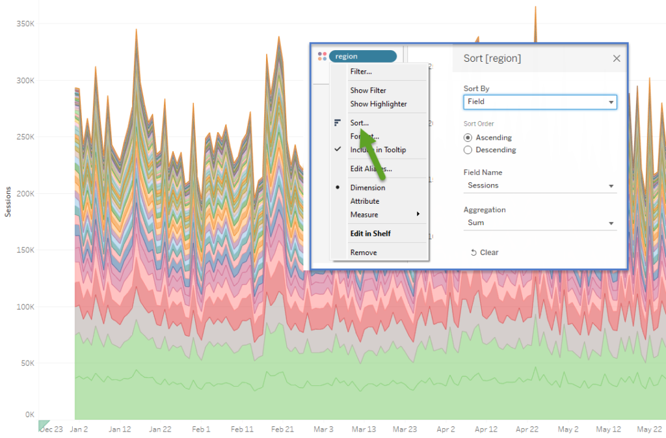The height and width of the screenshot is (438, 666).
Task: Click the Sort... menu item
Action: coord(359,122)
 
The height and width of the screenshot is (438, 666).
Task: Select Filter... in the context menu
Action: coord(361,72)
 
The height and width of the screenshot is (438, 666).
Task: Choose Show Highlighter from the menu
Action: coord(379,104)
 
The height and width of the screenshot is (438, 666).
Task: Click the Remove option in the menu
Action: coord(364,253)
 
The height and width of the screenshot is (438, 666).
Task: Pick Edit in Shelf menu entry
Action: coord(371,234)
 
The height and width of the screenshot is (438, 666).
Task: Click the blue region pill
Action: coord(362,57)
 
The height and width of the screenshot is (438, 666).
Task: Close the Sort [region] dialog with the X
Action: coord(617,59)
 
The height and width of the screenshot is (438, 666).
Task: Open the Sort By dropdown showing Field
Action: coord(540,102)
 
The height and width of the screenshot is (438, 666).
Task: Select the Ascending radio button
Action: coord(468,138)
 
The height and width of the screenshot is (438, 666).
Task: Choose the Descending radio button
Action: coord(468,150)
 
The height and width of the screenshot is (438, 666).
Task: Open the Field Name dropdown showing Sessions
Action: coord(540,185)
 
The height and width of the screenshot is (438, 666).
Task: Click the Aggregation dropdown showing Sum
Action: coord(540,223)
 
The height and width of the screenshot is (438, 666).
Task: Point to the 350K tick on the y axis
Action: coord(25,23)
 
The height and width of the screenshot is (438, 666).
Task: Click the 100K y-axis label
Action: coord(25,307)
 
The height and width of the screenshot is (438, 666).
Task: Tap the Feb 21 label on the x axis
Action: coord(282,430)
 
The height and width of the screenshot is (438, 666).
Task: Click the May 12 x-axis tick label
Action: coord(608,430)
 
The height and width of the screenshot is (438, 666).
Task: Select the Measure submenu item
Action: coord(364,215)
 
